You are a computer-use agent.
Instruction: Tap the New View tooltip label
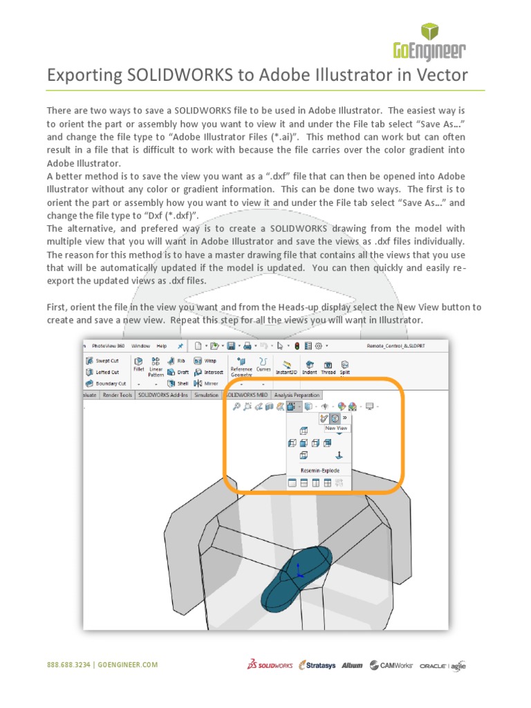[x=336, y=428]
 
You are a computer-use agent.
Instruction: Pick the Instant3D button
[x=287, y=366]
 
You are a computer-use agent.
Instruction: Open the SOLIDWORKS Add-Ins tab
[x=164, y=395]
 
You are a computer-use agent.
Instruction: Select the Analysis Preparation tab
[x=297, y=395]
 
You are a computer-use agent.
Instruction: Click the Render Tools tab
[x=117, y=395]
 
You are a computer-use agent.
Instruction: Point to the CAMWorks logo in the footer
[x=391, y=665]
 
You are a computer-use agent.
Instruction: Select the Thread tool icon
[x=328, y=366]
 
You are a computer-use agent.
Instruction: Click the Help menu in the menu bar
[x=161, y=346]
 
